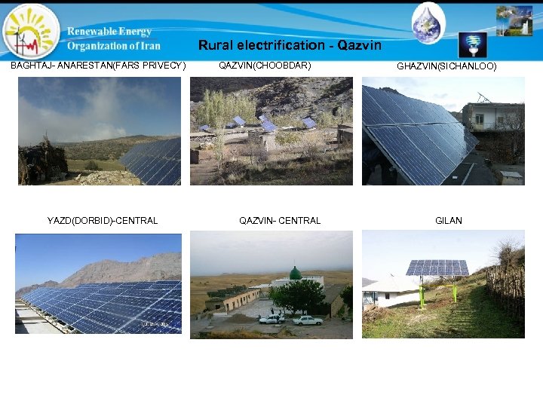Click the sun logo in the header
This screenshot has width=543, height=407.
(30, 32)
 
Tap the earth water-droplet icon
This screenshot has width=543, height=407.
(428, 23)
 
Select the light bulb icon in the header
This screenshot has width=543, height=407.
(473, 44)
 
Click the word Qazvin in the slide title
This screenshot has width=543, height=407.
(360, 45)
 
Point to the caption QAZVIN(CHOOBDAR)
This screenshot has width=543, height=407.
(264, 66)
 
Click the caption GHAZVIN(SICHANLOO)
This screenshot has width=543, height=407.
(446, 66)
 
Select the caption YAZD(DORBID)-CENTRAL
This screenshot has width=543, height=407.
(103, 221)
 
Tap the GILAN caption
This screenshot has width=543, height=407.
(449, 221)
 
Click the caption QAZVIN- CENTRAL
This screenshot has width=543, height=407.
(280, 221)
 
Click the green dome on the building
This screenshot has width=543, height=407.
(296, 272)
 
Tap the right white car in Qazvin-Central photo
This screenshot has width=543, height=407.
(308, 320)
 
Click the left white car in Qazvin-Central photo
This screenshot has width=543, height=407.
(271, 319)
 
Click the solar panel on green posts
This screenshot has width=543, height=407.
(437, 268)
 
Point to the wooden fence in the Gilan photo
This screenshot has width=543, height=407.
(505, 290)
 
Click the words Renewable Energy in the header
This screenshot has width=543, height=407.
(109, 32)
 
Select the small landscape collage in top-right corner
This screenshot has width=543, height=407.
(514, 21)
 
